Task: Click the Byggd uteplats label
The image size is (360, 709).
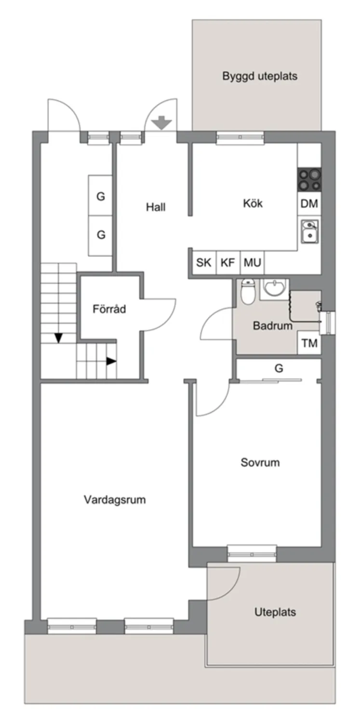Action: tap(260, 76)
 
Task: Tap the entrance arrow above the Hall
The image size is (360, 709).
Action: tap(161, 123)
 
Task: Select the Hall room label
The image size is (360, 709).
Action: tap(156, 207)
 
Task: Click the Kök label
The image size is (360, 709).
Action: tap(253, 204)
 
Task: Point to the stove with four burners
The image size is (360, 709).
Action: tap(309, 180)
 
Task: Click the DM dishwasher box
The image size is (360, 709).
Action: tap(309, 204)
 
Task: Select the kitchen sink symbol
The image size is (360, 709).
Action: tap(308, 231)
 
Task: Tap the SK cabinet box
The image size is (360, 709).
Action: tap(204, 263)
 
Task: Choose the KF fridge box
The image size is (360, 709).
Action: tap(228, 263)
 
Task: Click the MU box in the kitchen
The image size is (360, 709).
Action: tap(252, 263)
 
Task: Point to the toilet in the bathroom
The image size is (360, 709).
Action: tap(248, 292)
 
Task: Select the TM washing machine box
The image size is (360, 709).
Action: tap(309, 343)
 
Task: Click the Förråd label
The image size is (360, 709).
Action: tap(109, 309)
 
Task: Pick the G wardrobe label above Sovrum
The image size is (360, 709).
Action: tap(279, 369)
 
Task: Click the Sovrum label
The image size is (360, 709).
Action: tap(260, 463)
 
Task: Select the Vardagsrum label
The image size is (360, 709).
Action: tap(115, 499)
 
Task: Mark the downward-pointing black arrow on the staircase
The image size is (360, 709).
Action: tap(58, 338)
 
